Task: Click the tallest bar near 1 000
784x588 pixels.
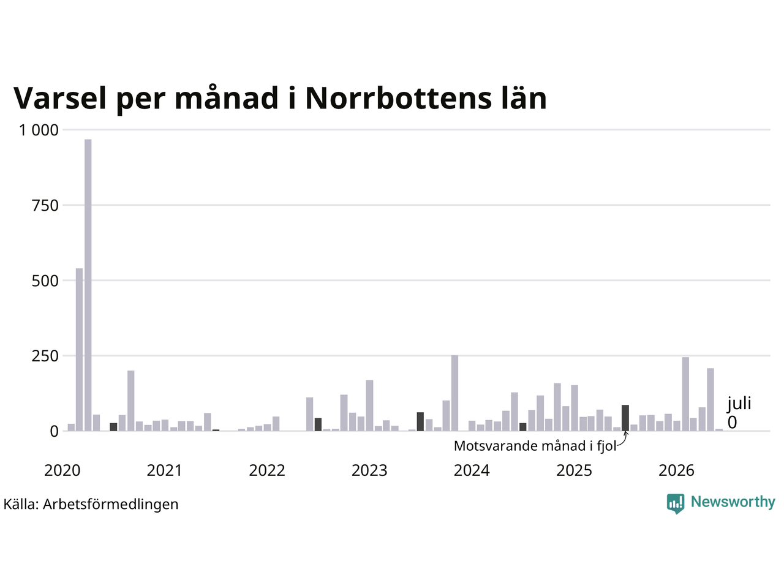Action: pos(88,285)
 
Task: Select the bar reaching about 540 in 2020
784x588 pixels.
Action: pos(79,350)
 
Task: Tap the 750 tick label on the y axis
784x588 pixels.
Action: pos(45,206)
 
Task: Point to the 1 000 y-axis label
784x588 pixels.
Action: pos(39,130)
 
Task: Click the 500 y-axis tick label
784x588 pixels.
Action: pos(45,281)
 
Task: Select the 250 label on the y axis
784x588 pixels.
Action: pos(45,356)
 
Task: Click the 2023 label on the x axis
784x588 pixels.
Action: pos(369,470)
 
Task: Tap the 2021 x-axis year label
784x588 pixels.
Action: pos(164,470)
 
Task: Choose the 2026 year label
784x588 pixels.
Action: pos(676,470)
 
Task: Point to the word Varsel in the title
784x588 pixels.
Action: pos(60,98)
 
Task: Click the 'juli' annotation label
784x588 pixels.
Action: pos(739,404)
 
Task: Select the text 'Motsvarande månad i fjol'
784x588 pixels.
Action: pos(535,446)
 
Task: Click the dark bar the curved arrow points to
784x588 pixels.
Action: pos(625,418)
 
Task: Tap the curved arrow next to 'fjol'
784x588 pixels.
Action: pos(624,440)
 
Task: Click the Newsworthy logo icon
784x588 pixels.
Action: pos(676,503)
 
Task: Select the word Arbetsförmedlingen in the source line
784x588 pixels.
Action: pos(110,505)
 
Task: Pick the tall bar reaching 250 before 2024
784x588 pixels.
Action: pos(454,393)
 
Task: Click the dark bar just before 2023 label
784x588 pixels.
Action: pos(318,424)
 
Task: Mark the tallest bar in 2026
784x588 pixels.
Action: pos(685,394)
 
